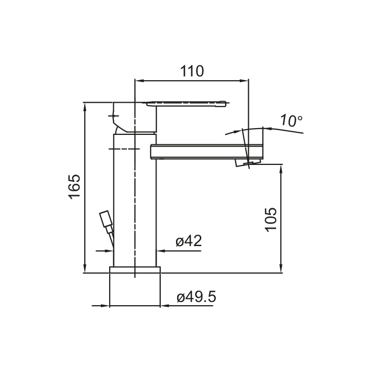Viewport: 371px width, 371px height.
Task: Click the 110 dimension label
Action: coord(192,71)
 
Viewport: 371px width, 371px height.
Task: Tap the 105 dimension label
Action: coord(271,219)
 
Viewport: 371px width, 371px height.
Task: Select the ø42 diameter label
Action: coord(189,241)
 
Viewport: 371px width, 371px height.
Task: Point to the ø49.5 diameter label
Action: coord(197,297)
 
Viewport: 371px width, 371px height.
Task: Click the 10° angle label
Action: coord(291,121)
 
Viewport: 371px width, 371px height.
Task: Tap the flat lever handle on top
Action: coord(186,104)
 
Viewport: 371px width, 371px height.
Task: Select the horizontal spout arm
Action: coord(207,151)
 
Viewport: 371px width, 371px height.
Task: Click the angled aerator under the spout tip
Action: coord(247,162)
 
